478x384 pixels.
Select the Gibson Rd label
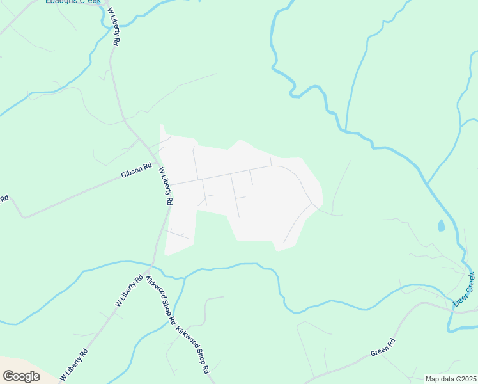136,170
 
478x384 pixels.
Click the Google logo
21,376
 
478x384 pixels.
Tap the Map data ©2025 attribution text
451,379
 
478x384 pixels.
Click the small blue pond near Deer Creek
440,225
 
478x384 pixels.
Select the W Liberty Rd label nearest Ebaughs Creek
114,27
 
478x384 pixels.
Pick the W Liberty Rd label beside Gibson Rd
166,186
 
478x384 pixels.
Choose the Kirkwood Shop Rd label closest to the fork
161,301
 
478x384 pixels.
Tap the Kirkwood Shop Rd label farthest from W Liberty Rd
193,351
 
